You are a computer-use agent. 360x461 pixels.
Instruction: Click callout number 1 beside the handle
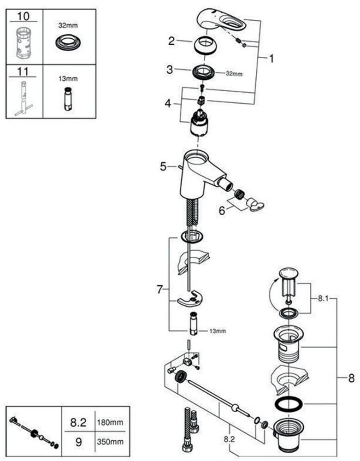click(271, 59)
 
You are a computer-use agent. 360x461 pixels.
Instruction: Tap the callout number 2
click(171, 41)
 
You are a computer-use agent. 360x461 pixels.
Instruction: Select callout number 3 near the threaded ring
click(170, 70)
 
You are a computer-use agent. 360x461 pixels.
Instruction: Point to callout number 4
click(167, 104)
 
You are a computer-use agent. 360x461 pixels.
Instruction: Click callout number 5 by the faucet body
click(163, 166)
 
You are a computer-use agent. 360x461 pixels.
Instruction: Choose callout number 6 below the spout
click(222, 211)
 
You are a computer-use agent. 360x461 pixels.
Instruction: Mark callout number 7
click(159, 290)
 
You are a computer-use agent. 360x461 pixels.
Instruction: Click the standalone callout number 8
click(351, 378)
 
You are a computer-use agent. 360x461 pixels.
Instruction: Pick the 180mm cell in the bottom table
click(110, 422)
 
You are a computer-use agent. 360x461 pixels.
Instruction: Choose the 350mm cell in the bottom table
click(110, 442)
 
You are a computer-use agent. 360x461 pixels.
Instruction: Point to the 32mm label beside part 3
click(234, 74)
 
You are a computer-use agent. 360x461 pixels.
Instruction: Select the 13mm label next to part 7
click(218, 331)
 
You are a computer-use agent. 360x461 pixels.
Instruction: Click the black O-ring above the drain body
click(289, 404)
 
